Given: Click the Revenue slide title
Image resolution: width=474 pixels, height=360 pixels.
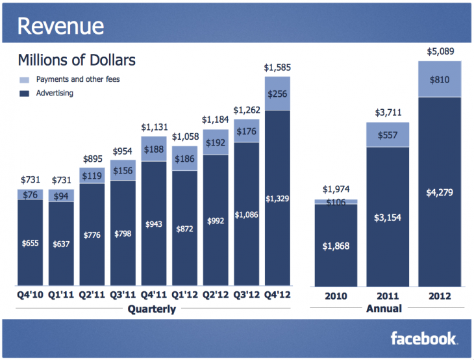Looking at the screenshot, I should (x=60, y=26).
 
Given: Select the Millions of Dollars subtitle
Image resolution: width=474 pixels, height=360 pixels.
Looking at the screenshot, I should (x=77, y=60).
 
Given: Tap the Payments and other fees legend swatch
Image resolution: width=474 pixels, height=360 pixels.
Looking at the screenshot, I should (x=25, y=79).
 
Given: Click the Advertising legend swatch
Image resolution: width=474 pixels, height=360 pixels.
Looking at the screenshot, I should (x=25, y=93).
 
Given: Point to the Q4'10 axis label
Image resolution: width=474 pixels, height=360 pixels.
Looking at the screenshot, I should (x=30, y=295).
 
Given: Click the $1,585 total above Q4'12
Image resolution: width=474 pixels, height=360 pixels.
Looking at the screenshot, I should (x=277, y=67).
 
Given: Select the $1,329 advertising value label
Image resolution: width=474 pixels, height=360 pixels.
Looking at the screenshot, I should (x=277, y=198).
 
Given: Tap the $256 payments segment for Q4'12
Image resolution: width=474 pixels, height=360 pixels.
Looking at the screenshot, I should (x=277, y=94).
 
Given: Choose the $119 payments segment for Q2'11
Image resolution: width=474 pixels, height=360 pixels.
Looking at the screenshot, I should (x=92, y=175).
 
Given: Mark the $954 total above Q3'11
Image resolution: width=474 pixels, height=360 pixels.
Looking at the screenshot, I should (x=123, y=151).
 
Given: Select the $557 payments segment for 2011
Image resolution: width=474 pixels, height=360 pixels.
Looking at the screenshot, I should (x=388, y=135).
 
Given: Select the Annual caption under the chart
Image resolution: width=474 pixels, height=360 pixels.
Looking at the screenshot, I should (x=385, y=309).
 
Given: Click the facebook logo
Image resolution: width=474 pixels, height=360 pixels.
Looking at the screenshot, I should (x=423, y=339).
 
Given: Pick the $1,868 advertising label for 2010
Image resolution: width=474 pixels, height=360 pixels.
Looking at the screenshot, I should (x=336, y=246).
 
